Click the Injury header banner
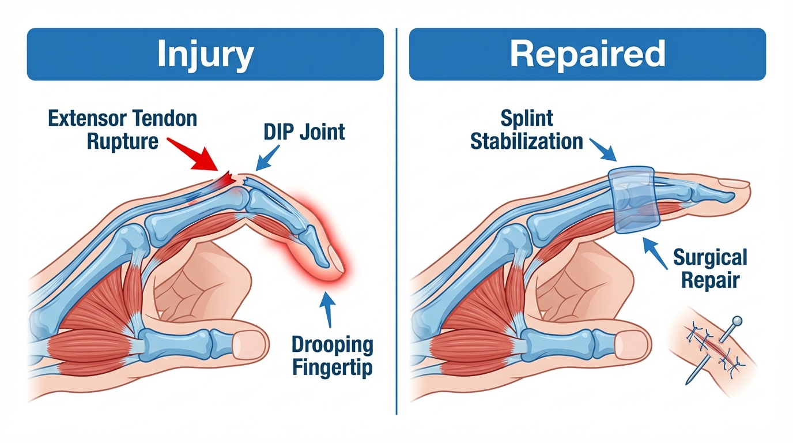click(205, 54)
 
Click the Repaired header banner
click(587, 54)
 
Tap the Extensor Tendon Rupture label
click(122, 130)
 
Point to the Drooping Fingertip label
click(332, 356)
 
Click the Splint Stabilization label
click(526, 130)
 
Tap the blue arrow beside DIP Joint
click(268, 156)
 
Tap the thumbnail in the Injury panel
click(249, 344)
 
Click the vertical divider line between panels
click(396, 231)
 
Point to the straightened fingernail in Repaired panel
click(734, 183)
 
